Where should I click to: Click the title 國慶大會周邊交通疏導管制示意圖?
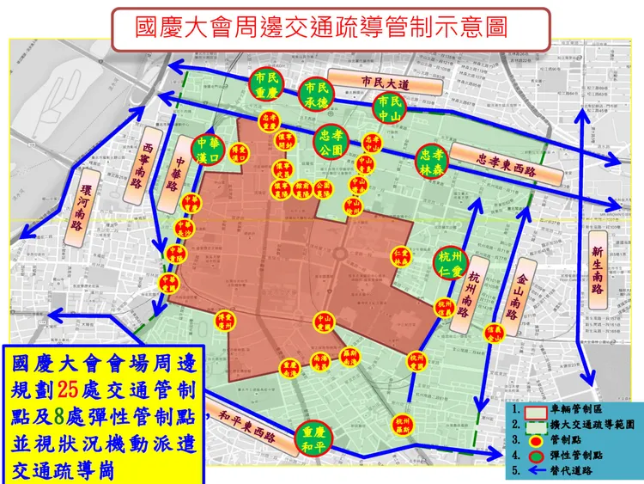[321, 25]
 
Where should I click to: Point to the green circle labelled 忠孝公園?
[331, 142]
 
